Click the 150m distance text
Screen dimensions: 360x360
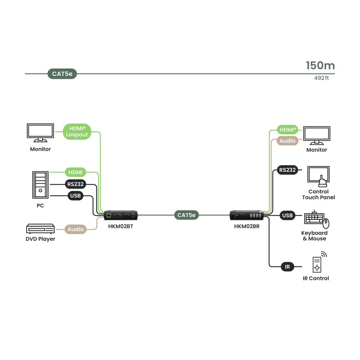[320, 66]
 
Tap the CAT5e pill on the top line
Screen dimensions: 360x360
[62, 74]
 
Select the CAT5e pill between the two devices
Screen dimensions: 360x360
[186, 215]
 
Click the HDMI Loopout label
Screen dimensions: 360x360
[77, 132]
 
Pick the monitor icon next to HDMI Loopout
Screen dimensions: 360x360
[40, 133]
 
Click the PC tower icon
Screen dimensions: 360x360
[40, 185]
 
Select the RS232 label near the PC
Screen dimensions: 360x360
[75, 184]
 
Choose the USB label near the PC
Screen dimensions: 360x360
[75, 196]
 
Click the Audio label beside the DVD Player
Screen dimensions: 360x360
[76, 229]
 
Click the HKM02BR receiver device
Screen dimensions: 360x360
[247, 215]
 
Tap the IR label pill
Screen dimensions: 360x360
[287, 267]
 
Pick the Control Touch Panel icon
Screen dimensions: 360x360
[319, 176]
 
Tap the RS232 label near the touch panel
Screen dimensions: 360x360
[287, 170]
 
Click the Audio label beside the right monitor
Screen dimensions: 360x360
[287, 141]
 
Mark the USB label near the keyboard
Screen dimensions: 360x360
[287, 216]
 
